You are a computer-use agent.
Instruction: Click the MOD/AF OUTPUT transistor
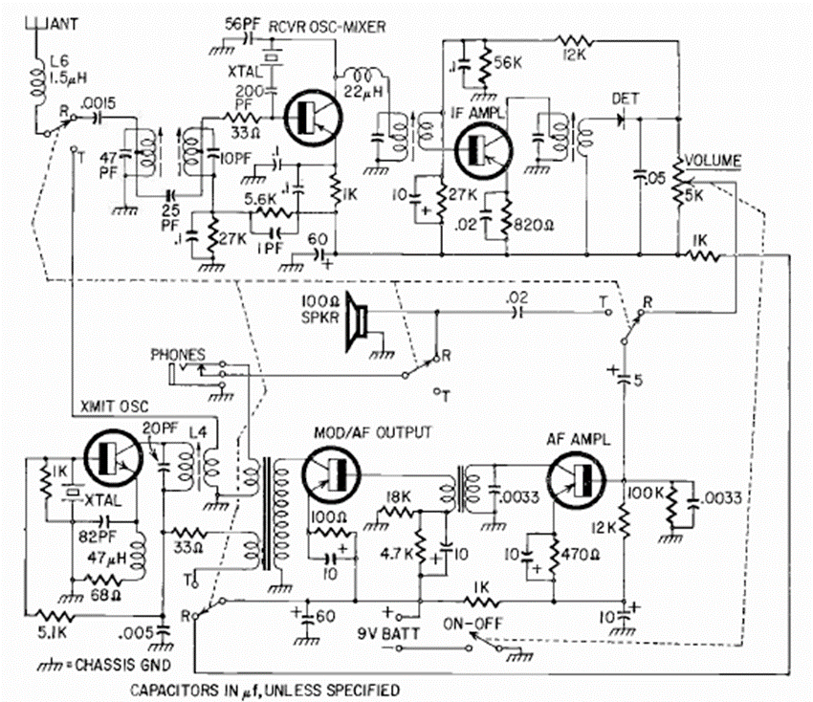[x=331, y=475]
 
